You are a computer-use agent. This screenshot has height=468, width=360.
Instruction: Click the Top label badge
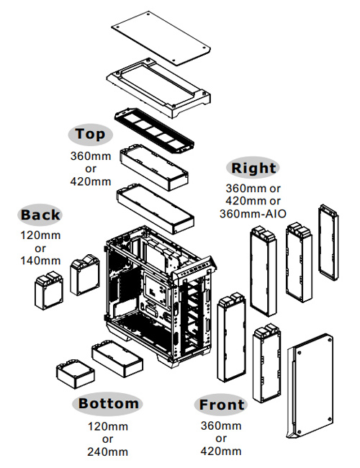point(91,135)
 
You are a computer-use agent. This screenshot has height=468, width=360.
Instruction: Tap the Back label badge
point(40,215)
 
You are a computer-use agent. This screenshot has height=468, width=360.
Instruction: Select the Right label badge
point(253,168)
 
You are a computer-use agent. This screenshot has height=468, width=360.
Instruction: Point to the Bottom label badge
point(108,403)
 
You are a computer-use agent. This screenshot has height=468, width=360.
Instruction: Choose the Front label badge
point(221,405)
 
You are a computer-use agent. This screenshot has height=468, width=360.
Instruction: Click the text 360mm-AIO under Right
point(253,214)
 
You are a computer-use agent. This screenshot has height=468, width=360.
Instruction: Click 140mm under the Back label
point(40,261)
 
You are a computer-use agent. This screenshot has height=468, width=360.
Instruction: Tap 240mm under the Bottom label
point(108,451)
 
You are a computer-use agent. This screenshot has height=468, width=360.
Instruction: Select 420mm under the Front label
point(221,451)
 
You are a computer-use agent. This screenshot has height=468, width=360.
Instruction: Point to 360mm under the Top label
point(91,156)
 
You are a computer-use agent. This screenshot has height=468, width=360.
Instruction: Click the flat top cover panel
point(161,38)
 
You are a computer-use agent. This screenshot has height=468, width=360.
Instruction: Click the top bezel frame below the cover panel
point(158,88)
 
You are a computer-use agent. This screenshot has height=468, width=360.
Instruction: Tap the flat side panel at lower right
point(310,386)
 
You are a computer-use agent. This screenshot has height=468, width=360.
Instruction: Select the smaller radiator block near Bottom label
point(75,374)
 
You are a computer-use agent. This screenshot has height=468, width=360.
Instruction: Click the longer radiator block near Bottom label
point(117,358)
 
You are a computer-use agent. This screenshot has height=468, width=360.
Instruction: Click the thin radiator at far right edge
point(328,243)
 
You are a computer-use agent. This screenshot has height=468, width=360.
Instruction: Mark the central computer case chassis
point(160,297)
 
